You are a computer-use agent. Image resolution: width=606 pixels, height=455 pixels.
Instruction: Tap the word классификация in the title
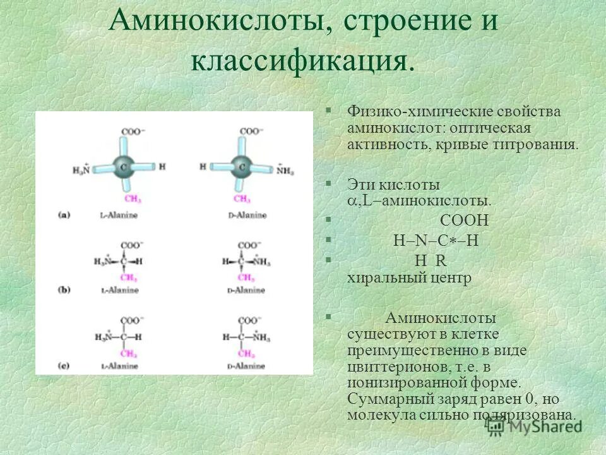click(303, 62)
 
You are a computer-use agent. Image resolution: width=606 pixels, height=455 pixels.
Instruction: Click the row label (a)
click(64, 215)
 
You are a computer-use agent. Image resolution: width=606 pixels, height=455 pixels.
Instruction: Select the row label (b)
click(64, 289)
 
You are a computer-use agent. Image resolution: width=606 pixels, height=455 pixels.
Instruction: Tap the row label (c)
click(64, 366)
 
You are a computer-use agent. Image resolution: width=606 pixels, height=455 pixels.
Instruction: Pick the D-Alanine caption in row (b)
click(247, 290)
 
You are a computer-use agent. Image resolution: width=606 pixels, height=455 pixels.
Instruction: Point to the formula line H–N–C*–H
click(436, 241)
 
